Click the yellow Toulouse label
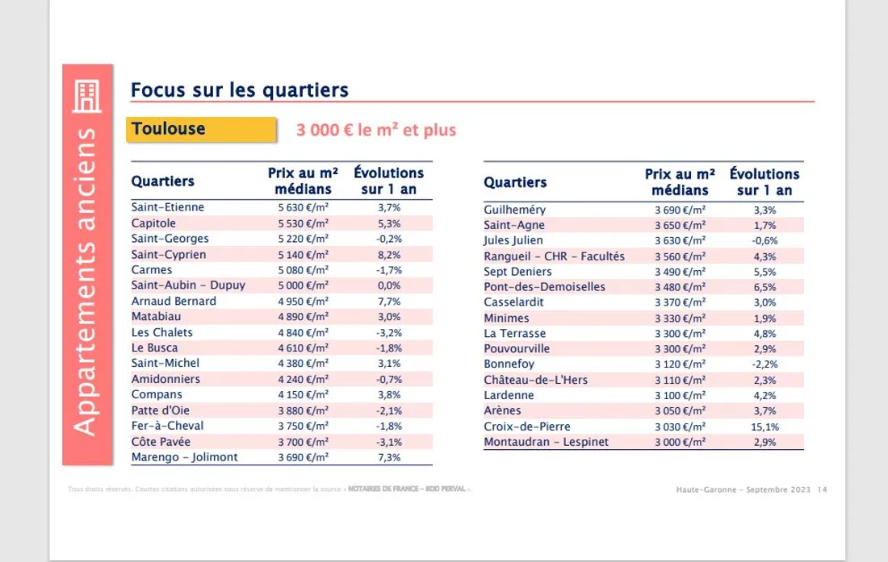[169, 129]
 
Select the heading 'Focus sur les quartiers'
[240, 90]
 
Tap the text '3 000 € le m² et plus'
[376, 130]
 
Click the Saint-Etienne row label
[168, 207]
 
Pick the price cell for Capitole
[304, 223]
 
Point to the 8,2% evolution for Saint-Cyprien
[388, 255]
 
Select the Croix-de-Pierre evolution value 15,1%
[764, 427]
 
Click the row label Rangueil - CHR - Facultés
[554, 256]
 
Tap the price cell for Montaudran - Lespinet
[680, 443]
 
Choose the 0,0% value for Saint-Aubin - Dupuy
[388, 285]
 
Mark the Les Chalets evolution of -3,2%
[388, 332]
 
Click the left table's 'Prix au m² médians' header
[303, 181]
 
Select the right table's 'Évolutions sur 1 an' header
[764, 181]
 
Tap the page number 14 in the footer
[822, 489]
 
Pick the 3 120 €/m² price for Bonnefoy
[680, 364]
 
